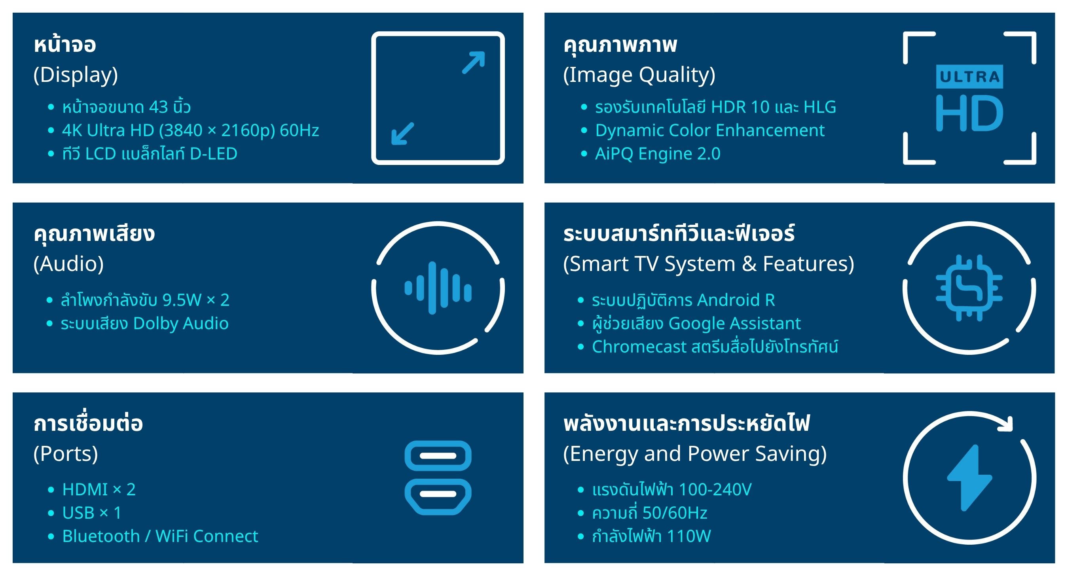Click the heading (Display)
coord(76,75)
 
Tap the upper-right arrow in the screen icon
coord(473,63)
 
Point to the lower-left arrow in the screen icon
coord(403,133)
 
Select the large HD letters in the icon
coord(969,113)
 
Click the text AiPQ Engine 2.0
coord(658,153)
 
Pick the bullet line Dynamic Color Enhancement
coord(710,130)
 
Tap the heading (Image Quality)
coord(639,75)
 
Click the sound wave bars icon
coord(438,288)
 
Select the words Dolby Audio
coord(181,323)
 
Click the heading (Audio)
coord(69,264)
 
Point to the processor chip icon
coord(969,288)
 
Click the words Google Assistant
coord(734,323)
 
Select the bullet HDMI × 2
coord(99,489)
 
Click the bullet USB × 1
coord(92,513)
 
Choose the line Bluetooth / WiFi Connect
coord(160,536)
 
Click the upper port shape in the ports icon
coord(438,456)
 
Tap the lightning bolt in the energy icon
coord(969,478)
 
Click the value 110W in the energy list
coord(689,536)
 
